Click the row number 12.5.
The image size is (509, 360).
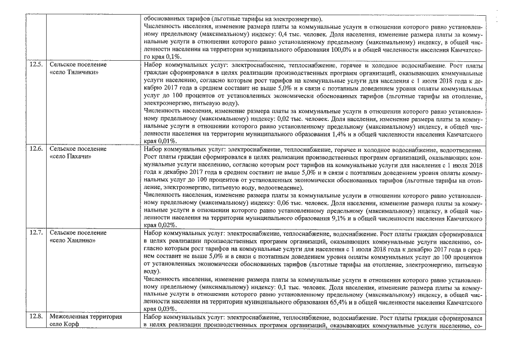tap(36, 65)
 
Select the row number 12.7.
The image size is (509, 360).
tap(36, 232)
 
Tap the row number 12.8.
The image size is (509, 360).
tap(36, 316)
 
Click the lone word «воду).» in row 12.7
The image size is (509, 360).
tap(152, 270)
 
